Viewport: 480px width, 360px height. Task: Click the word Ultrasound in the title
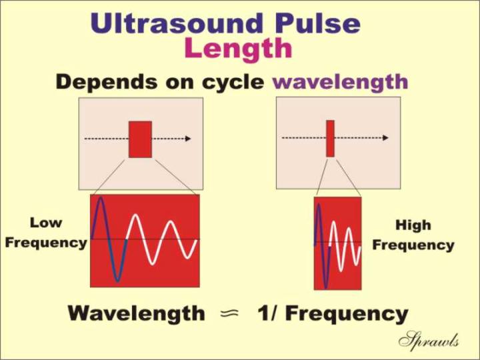177,23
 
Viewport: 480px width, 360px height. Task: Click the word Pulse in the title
318,23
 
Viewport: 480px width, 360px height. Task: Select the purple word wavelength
340,81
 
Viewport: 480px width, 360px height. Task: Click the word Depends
107,82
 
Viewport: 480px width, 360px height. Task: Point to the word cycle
233,83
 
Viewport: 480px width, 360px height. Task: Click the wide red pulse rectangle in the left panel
140,139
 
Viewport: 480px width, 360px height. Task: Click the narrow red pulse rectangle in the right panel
330,139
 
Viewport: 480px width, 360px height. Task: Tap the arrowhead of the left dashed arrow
188,139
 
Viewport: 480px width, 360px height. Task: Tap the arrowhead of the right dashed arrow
385,138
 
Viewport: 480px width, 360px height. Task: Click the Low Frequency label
46,233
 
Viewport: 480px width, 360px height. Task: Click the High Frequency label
413,235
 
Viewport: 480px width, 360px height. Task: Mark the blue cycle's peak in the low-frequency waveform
101,198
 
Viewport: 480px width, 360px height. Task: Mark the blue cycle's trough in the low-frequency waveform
117,280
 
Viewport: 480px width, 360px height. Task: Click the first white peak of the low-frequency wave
135,216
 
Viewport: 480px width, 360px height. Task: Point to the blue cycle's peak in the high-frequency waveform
319,205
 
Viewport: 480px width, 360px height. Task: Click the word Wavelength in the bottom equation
137,313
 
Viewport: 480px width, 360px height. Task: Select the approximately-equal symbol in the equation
229,313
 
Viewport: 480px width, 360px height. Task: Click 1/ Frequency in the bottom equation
333,314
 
